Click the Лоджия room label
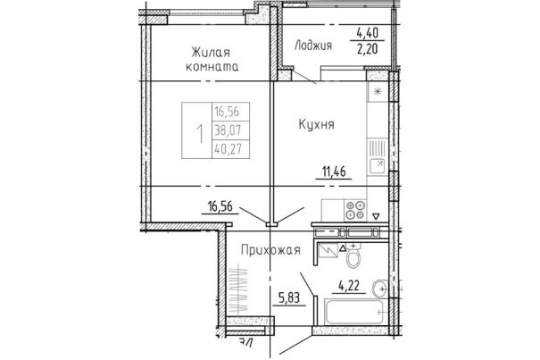click(x=312, y=46)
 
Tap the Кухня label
click(x=316, y=124)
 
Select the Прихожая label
click(x=270, y=250)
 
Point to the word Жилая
click(x=211, y=53)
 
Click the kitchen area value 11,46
click(x=334, y=172)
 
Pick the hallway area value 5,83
click(x=288, y=297)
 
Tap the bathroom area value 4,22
click(x=349, y=286)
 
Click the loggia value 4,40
click(x=368, y=33)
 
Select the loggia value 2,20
click(x=368, y=49)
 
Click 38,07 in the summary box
click(x=228, y=130)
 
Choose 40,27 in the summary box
click(x=228, y=149)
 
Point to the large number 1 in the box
click(x=199, y=134)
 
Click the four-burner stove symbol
click(x=355, y=210)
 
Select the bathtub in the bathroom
click(x=353, y=312)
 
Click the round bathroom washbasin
click(x=379, y=288)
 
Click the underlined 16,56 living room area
click(x=220, y=206)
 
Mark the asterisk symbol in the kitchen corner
click(x=378, y=91)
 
